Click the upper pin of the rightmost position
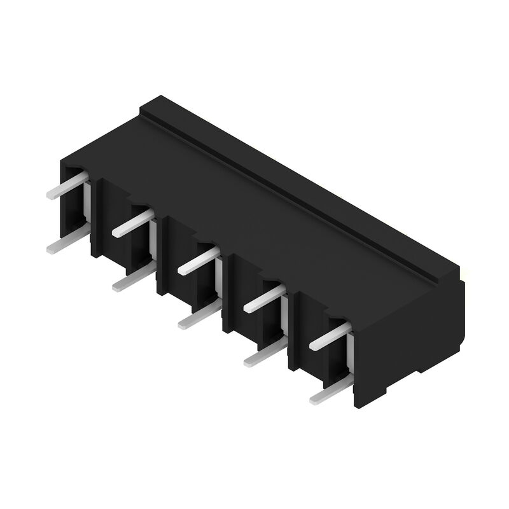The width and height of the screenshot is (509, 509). pos(330,335)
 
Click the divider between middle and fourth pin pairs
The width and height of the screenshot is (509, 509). pos(229,293)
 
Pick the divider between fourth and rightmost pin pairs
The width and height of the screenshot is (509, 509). pos(294,331)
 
